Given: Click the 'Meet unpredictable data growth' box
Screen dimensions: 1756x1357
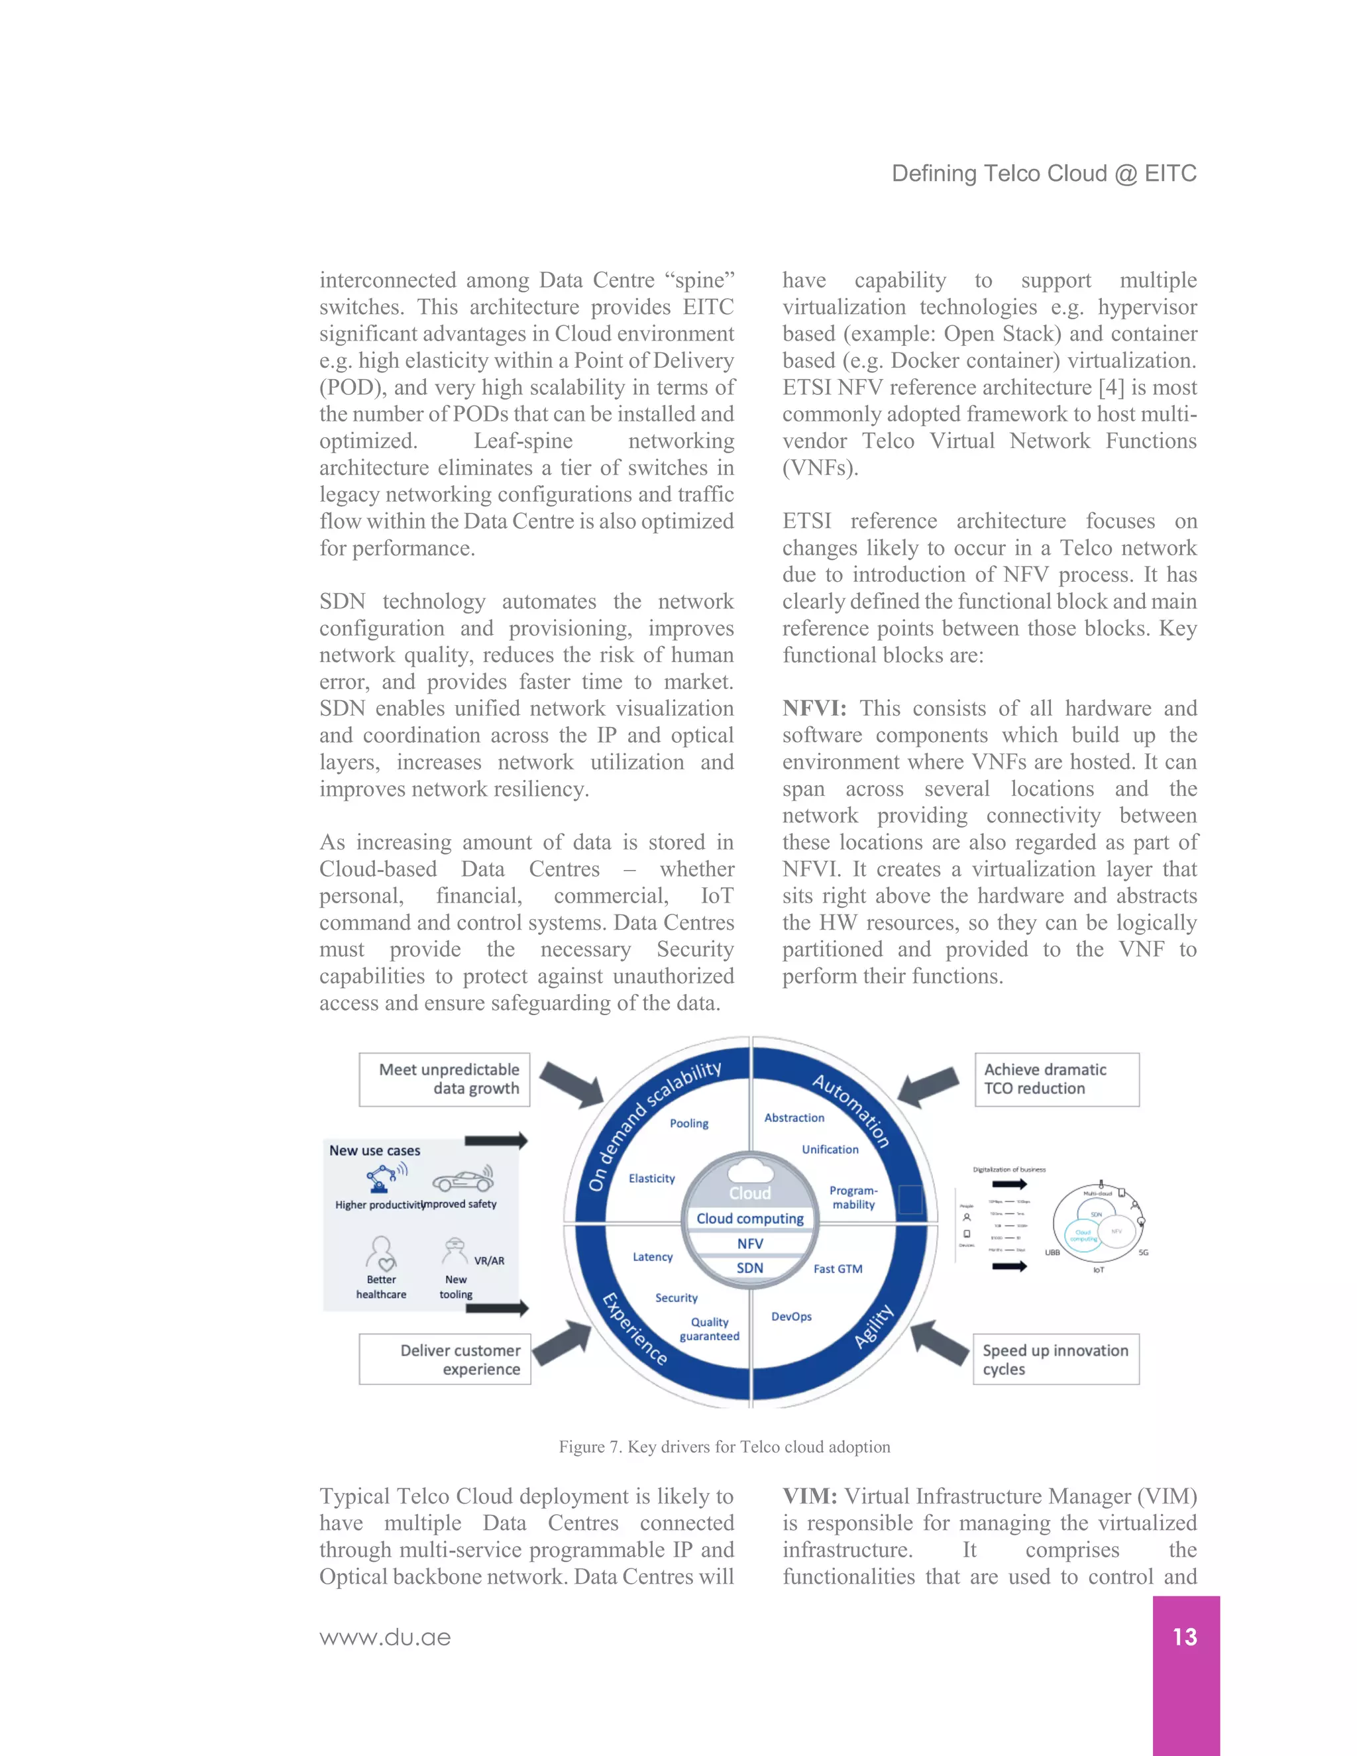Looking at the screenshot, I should tap(445, 1079).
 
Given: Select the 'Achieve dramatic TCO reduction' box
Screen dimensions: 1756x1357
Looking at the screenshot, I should tap(1056, 1079).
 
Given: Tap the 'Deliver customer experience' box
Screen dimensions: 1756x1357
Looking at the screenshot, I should tap(445, 1360).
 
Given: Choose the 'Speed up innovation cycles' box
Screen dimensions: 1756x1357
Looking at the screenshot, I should tap(1056, 1360).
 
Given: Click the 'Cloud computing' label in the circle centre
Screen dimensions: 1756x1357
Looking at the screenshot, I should tap(750, 1218).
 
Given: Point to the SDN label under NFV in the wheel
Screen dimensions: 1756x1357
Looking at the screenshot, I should tap(750, 1268).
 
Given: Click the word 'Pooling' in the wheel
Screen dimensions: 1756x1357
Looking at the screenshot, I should tap(689, 1123).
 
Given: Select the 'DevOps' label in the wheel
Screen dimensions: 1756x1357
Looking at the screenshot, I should tap(791, 1316).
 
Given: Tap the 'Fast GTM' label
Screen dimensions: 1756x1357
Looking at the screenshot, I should tap(838, 1269).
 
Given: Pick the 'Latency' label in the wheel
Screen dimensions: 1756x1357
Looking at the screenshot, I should tap(652, 1256).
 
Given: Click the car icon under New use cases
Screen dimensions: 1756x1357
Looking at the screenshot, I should tap(463, 1180).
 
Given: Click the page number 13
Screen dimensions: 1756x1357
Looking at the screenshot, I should tap(1185, 1637).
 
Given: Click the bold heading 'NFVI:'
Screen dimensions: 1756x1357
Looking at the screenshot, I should tap(814, 708).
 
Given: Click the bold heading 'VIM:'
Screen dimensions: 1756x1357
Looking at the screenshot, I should tap(810, 1496).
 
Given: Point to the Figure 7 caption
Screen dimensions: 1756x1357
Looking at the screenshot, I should tap(724, 1447).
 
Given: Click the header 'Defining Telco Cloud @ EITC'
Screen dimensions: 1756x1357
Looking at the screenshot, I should tap(1044, 174).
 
